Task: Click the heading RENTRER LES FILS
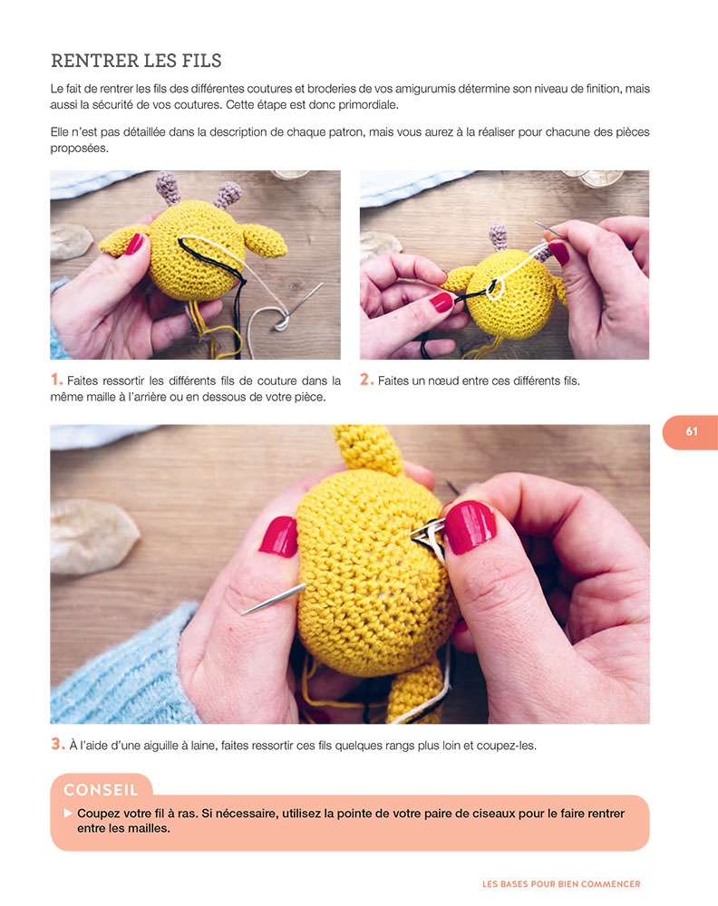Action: point(136,61)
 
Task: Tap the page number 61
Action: point(692,432)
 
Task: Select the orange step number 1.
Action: point(56,381)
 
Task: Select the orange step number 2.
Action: point(366,381)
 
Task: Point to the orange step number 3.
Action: point(56,745)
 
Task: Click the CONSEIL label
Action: point(101,790)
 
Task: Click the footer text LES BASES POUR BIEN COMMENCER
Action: point(562,883)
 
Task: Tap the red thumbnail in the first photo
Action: point(134,243)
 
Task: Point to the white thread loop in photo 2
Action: point(491,288)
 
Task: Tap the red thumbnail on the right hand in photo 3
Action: point(469,526)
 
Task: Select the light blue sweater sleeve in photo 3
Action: point(118,670)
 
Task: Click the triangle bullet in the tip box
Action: point(67,814)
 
